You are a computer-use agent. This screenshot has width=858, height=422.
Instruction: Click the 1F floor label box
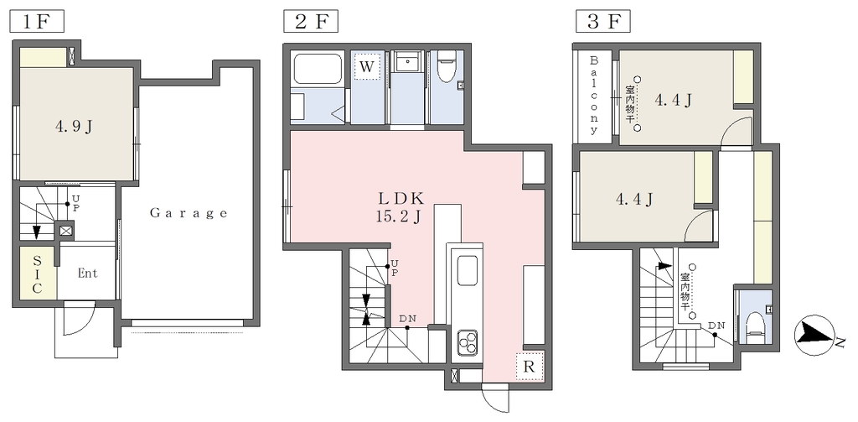click(38, 22)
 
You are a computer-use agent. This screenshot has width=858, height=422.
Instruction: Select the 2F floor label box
click(311, 22)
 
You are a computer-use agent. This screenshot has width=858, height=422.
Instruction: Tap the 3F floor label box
click(603, 22)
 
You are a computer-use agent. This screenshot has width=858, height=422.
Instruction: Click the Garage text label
click(189, 213)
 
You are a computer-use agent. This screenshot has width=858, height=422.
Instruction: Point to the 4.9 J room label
click(74, 127)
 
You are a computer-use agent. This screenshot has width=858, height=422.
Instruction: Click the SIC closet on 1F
click(38, 273)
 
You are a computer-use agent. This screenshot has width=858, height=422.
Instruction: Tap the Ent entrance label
click(87, 273)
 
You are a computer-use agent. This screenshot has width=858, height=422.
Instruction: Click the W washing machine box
click(367, 67)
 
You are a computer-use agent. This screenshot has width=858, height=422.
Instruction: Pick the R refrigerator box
click(529, 366)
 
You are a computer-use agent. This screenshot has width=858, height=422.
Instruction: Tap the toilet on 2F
click(447, 68)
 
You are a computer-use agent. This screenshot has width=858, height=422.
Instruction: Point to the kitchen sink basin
click(468, 271)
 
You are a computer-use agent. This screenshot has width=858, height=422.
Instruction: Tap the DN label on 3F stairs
click(716, 326)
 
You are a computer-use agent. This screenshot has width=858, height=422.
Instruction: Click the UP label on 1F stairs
click(75, 203)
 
